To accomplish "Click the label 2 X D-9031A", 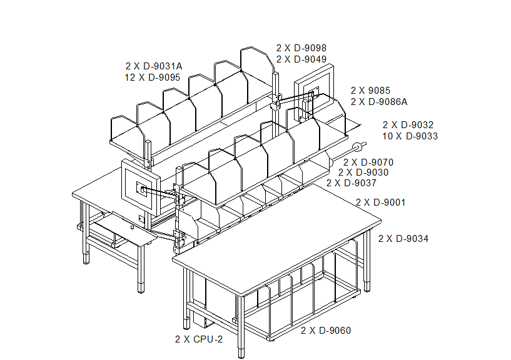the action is click(x=154, y=66).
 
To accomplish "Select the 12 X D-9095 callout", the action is click(x=152, y=77).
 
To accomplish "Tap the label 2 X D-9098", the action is click(x=301, y=48).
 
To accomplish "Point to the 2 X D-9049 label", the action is click(x=301, y=59).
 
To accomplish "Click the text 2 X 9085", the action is click(x=370, y=90).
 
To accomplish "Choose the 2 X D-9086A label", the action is click(x=379, y=102).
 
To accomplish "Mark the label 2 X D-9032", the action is click(x=408, y=125).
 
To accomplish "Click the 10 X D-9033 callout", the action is click(x=410, y=136).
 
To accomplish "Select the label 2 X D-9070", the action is click(x=368, y=162).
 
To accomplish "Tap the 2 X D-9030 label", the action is click(x=363, y=172).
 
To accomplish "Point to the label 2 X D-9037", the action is click(x=352, y=183).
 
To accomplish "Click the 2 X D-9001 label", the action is click(x=381, y=202).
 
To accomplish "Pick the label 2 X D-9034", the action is click(x=403, y=239).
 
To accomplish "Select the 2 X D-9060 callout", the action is click(x=326, y=331).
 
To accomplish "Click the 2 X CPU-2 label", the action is click(x=199, y=339).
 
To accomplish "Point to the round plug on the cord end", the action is click(x=358, y=147).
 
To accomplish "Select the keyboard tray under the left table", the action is click(x=126, y=228).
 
